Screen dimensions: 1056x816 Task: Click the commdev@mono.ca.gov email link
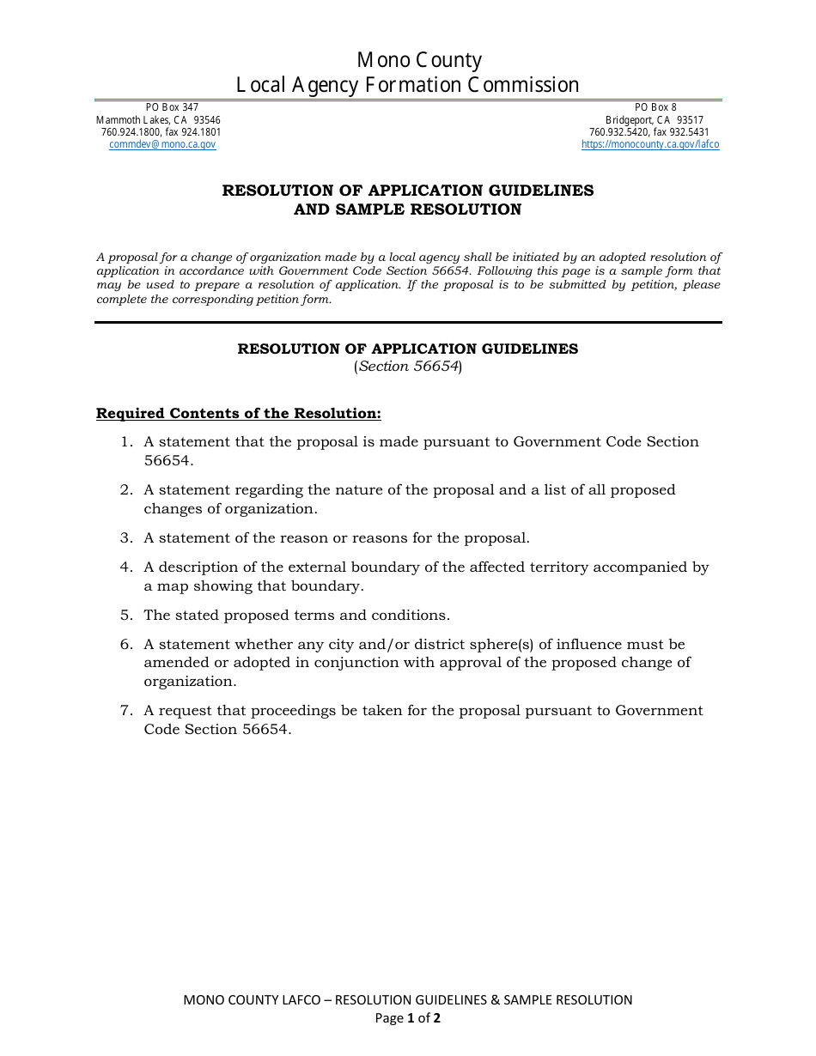[162, 145]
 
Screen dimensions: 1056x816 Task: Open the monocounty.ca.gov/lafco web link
[650, 145]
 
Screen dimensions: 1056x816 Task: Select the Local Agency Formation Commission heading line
[408, 85]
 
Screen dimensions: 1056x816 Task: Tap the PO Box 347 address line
[172, 107]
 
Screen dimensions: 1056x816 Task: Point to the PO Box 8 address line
[655, 107]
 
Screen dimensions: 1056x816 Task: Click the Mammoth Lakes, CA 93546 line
[158, 120]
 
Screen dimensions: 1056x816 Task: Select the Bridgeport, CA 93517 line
[655, 120]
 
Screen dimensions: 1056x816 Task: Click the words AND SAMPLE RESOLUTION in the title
[408, 209]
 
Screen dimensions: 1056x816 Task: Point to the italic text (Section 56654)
[408, 367]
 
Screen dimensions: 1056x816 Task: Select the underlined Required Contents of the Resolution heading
[238, 414]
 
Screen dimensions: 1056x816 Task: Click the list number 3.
[125, 538]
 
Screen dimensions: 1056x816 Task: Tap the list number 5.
[125, 616]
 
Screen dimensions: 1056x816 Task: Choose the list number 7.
[125, 711]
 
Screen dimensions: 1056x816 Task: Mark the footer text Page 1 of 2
[408, 1019]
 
